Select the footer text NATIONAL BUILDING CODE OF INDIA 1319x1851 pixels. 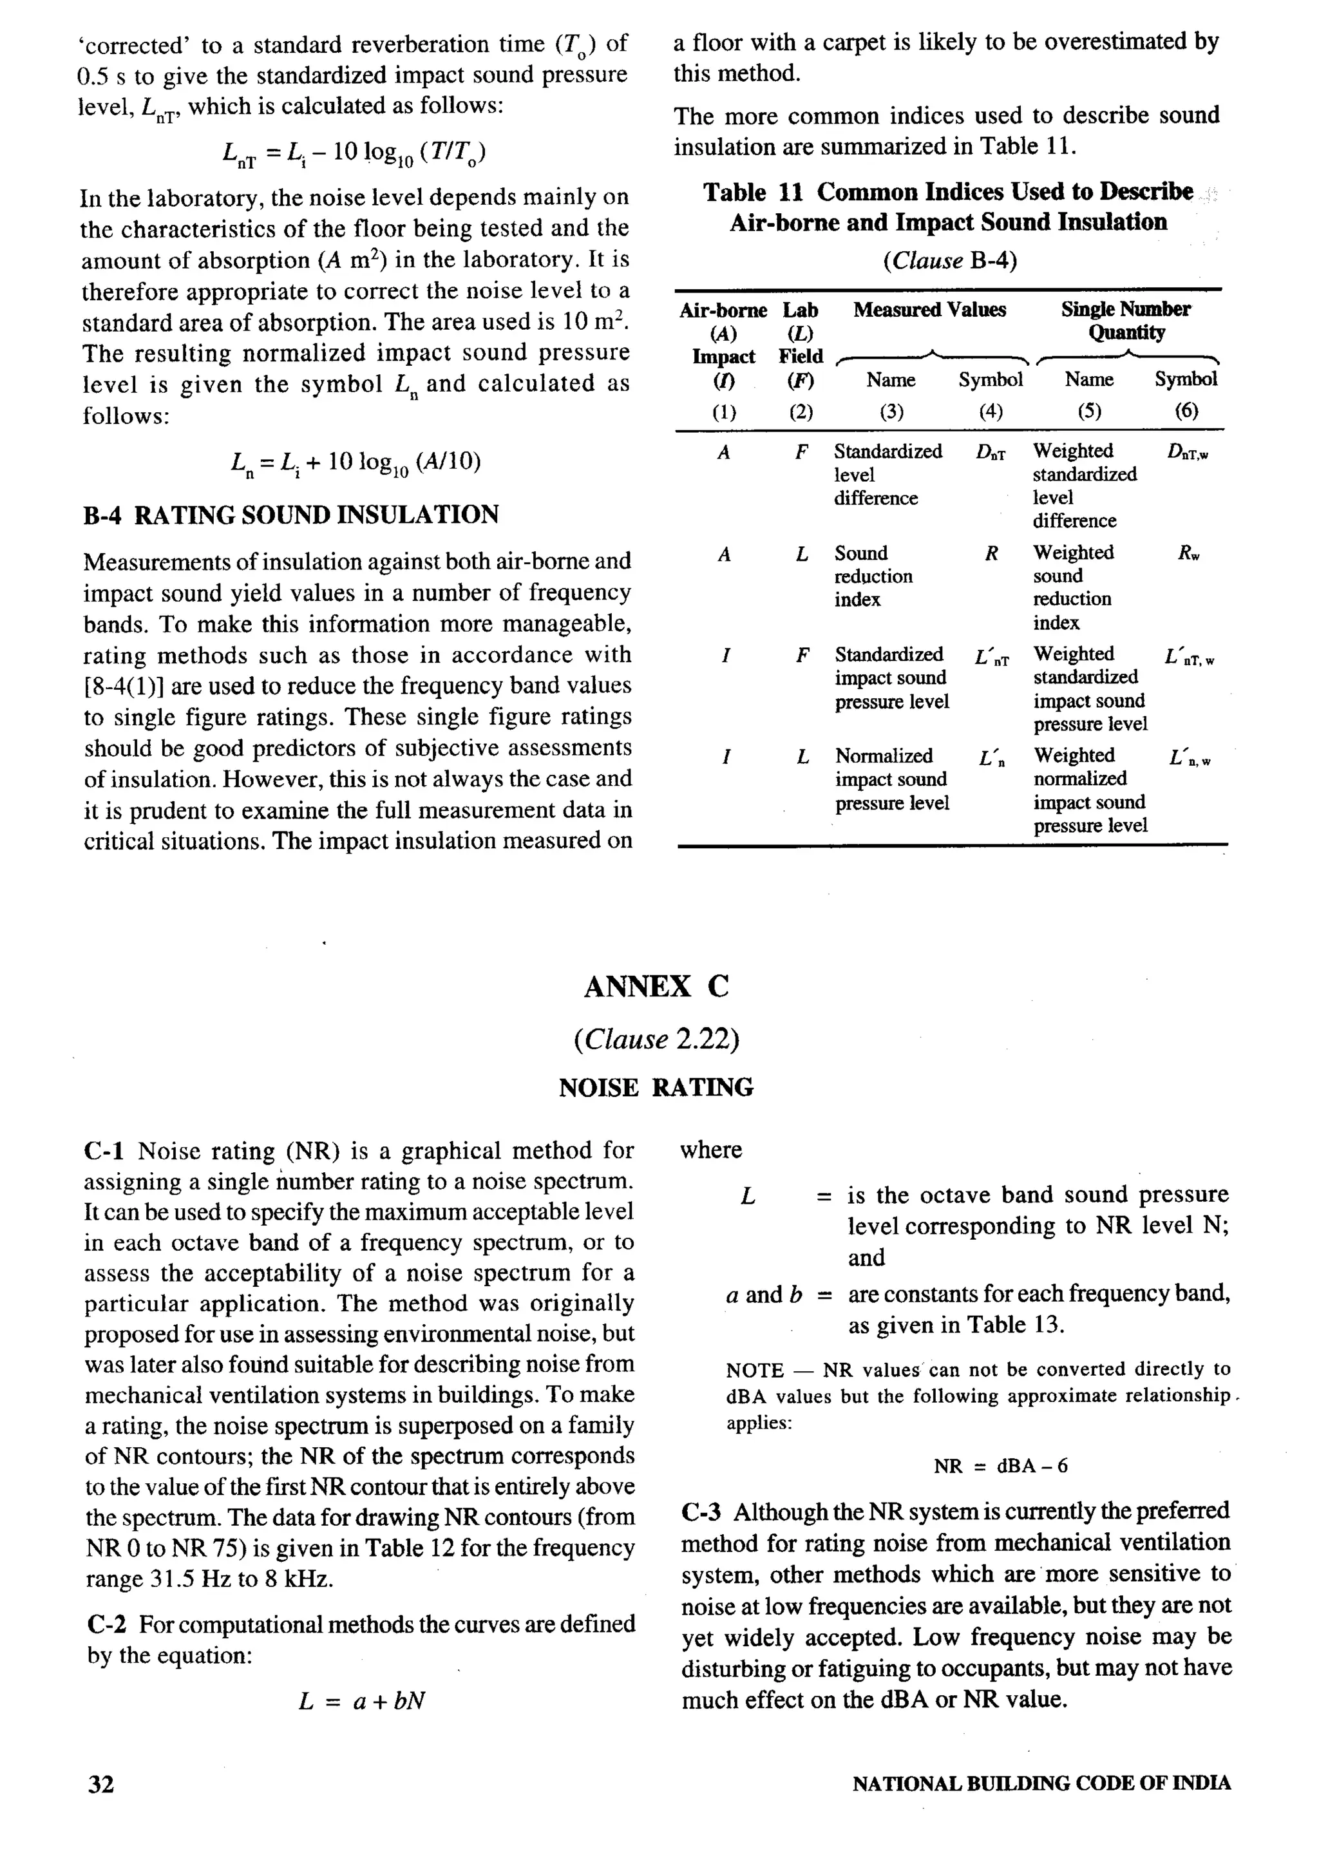(1041, 1783)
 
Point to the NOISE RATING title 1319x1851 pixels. (656, 1088)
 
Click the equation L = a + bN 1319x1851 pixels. (361, 1701)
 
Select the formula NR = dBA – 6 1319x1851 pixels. (1001, 1466)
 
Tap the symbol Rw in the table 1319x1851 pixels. (1188, 554)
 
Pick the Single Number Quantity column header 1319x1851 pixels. (1126, 321)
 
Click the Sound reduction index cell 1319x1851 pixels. (873, 576)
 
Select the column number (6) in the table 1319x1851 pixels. (1186, 411)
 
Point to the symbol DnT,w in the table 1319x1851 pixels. (1188, 452)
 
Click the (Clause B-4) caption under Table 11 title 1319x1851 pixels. (949, 261)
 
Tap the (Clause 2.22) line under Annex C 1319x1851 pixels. (656, 1039)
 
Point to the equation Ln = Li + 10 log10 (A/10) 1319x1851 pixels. (355, 463)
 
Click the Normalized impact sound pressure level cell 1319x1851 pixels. (891, 779)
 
